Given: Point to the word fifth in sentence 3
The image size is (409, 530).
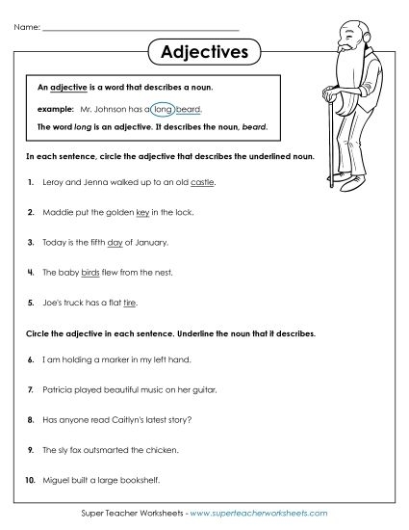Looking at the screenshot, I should point(108,242).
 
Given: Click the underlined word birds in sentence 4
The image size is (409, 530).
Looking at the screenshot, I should point(91,273).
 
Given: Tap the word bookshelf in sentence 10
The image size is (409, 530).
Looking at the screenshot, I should point(139,481).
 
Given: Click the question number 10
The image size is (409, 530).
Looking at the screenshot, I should point(31,481).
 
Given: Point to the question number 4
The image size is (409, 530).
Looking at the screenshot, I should point(32,273).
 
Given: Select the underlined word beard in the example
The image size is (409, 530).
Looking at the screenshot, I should point(190,110).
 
